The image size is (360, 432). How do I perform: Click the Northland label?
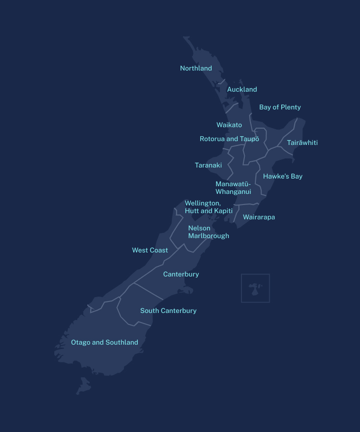(x=196, y=68)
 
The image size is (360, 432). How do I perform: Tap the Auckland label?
(x=242, y=89)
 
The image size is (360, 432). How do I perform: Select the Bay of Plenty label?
(x=280, y=107)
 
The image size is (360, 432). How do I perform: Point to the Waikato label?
(x=229, y=125)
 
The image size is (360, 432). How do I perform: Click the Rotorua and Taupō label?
(x=229, y=139)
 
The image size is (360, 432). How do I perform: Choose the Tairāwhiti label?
(x=302, y=143)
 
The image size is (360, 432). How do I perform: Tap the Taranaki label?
(x=208, y=165)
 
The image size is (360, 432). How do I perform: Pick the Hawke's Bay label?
(x=283, y=176)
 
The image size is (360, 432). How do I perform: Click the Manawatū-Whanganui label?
(x=233, y=188)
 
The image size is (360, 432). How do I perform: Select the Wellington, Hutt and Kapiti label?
(x=208, y=207)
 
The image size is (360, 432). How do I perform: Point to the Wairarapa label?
(x=259, y=217)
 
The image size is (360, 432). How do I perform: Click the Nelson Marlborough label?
(x=208, y=232)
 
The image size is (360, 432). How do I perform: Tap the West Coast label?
(x=150, y=250)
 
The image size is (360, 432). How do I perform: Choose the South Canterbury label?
(x=168, y=311)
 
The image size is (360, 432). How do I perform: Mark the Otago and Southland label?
(x=105, y=342)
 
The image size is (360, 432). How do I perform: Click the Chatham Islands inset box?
(x=255, y=288)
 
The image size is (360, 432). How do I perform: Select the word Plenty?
(x=290, y=107)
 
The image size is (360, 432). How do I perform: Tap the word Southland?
(x=122, y=342)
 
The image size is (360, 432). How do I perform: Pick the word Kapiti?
(x=223, y=211)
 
